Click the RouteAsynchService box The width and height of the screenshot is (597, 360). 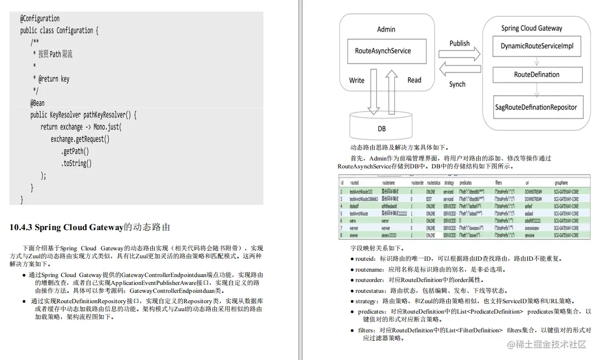pyautogui.click(x=383, y=51)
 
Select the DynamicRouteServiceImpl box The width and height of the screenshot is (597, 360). pyautogui.click(x=536, y=46)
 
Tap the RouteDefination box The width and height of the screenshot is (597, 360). pyautogui.click(x=537, y=75)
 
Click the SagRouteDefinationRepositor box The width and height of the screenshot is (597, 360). pyautogui.click(x=536, y=107)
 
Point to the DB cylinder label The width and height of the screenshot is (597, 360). pyautogui.click(x=382, y=128)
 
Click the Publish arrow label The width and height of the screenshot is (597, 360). pyautogui.click(x=459, y=43)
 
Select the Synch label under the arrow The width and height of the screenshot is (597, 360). pyautogui.click(x=457, y=84)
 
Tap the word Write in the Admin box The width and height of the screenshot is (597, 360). pyautogui.click(x=357, y=80)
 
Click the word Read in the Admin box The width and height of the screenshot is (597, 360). pyautogui.click(x=414, y=80)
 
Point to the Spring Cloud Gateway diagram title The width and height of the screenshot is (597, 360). pyautogui.click(x=531, y=28)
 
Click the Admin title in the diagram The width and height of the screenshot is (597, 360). pyautogui.click(x=386, y=29)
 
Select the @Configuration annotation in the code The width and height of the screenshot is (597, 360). pyautogui.click(x=40, y=19)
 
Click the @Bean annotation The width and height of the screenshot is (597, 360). pyautogui.click(x=38, y=103)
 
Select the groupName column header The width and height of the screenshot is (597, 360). pyautogui.click(x=560, y=183)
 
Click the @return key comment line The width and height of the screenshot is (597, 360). pyautogui.click(x=51, y=79)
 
